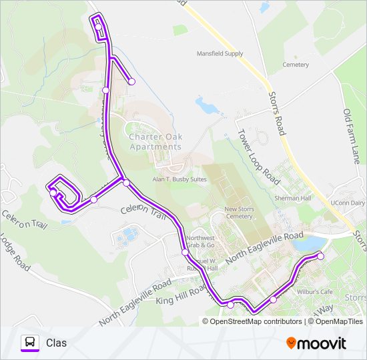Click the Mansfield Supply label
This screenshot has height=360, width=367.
click(x=220, y=54)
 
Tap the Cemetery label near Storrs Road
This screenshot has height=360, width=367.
click(x=296, y=65)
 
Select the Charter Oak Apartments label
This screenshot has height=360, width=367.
click(x=155, y=141)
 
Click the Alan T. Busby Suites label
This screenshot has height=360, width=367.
click(x=177, y=179)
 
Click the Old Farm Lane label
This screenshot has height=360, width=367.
click(x=352, y=136)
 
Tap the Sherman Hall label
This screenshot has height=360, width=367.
click(x=293, y=198)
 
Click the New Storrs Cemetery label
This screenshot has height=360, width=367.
click(x=240, y=213)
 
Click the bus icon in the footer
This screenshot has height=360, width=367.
click(x=29, y=343)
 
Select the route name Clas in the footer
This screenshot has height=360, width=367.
click(x=56, y=343)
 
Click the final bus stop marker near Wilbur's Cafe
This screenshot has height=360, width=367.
click(x=320, y=256)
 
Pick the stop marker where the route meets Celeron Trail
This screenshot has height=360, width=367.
click(x=125, y=182)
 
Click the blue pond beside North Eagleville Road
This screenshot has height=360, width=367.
click(x=306, y=244)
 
